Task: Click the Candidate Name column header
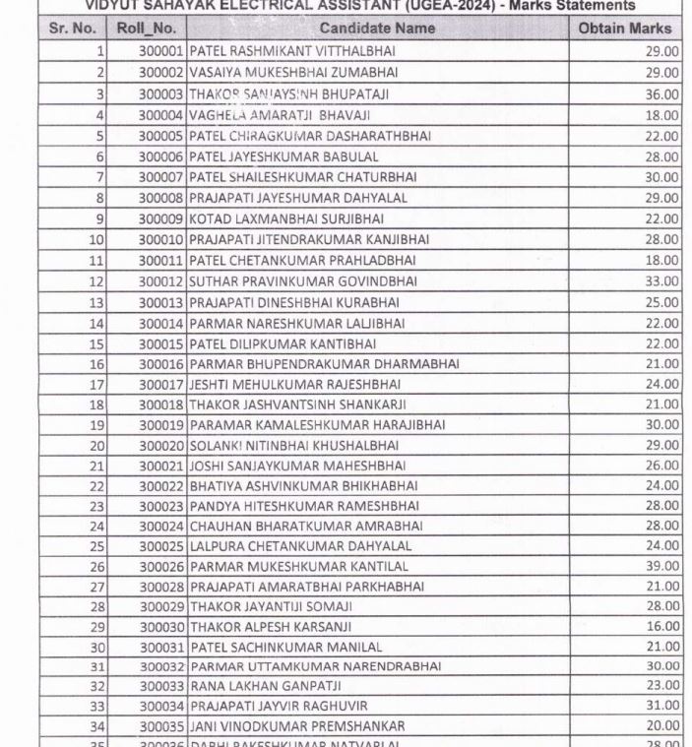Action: coord(377,29)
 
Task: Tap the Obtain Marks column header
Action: coord(625,29)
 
